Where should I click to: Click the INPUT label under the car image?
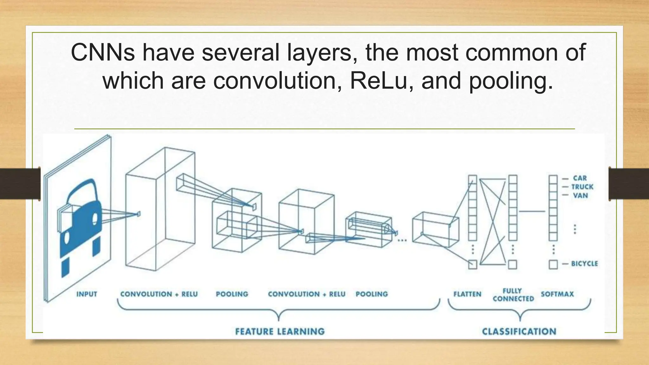pos(87,294)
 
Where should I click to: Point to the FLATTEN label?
pos(467,294)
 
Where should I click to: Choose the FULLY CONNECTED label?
pos(513,295)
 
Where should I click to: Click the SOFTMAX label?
pos(557,294)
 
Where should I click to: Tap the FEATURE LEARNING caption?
pos(280,331)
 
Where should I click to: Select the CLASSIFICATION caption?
pos(519,331)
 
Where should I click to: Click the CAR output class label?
pos(580,178)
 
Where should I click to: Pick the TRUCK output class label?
pos(582,187)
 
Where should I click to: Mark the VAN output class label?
pos(580,196)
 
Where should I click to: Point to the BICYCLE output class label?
pos(584,264)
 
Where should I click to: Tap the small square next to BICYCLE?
pos(553,264)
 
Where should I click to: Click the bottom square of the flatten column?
pos(472,264)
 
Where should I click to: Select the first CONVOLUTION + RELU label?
pos(159,294)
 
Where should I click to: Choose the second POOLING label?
pos(371,294)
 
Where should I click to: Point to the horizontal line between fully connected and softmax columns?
pos(532,211)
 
